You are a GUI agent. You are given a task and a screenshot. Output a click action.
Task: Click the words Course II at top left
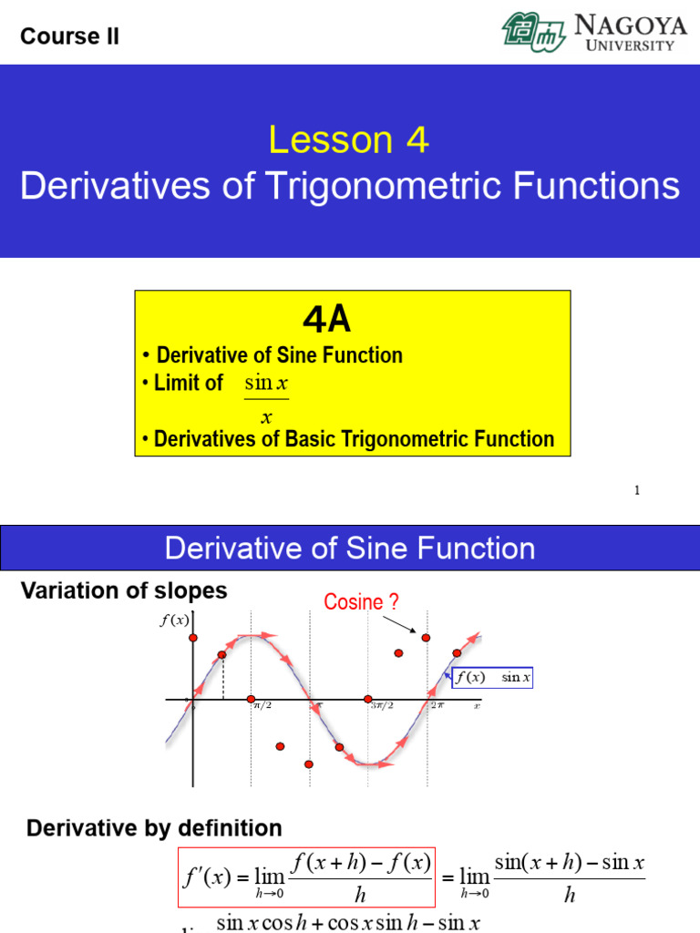tap(69, 36)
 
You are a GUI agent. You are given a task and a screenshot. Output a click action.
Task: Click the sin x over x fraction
tap(266, 399)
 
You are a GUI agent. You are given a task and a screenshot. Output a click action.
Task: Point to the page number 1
tap(637, 491)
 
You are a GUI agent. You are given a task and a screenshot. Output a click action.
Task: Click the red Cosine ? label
tap(362, 602)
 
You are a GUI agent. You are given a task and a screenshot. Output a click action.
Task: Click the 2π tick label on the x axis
tap(437, 704)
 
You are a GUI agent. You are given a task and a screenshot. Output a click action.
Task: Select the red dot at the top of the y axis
tap(193, 638)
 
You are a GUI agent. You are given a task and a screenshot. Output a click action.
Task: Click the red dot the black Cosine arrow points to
tap(426, 638)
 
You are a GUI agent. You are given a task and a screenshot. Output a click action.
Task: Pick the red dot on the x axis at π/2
tap(252, 699)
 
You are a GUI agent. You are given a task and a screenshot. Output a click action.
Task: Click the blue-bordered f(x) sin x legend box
tap(492, 677)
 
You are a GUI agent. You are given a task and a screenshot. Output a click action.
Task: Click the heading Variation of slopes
tap(124, 590)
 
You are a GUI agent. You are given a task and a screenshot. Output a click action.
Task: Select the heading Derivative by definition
tap(154, 828)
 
